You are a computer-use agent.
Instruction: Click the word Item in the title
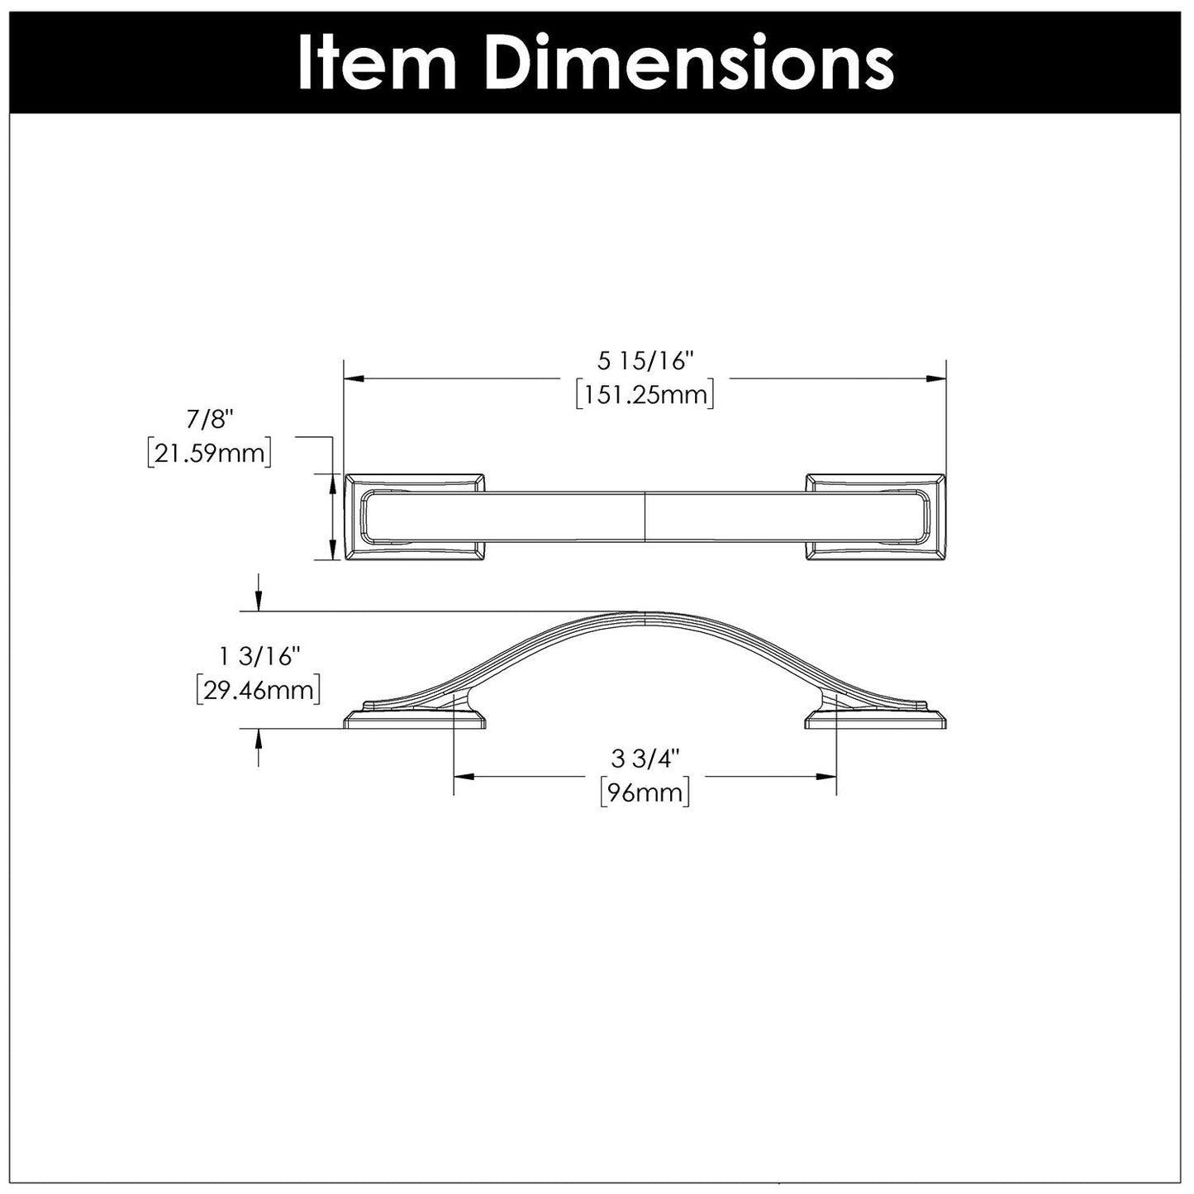pos(375,64)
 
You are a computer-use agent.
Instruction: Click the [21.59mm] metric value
pos(210,453)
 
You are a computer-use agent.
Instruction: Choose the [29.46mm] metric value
pos(258,690)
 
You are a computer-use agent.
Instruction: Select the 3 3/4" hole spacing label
pos(645,759)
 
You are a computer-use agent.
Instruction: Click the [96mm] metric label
pos(645,792)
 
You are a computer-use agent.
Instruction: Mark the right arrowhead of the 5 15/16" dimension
pos(935,378)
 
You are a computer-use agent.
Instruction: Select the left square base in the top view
pos(414,517)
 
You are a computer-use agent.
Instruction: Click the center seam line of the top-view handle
pos(645,517)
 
